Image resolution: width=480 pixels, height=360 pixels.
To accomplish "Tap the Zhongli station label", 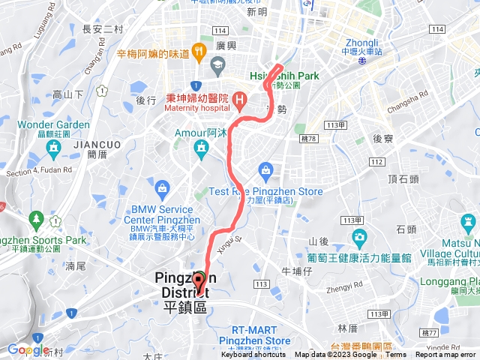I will click(361, 43).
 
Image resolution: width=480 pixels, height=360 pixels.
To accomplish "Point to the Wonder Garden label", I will click(53, 124).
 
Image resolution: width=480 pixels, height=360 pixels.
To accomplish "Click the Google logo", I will click(27, 349).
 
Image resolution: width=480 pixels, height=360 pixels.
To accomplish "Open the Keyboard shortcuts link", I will click(253, 355).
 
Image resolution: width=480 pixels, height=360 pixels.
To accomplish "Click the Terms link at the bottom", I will click(396, 355).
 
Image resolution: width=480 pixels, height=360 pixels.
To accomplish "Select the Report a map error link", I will click(447, 355).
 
